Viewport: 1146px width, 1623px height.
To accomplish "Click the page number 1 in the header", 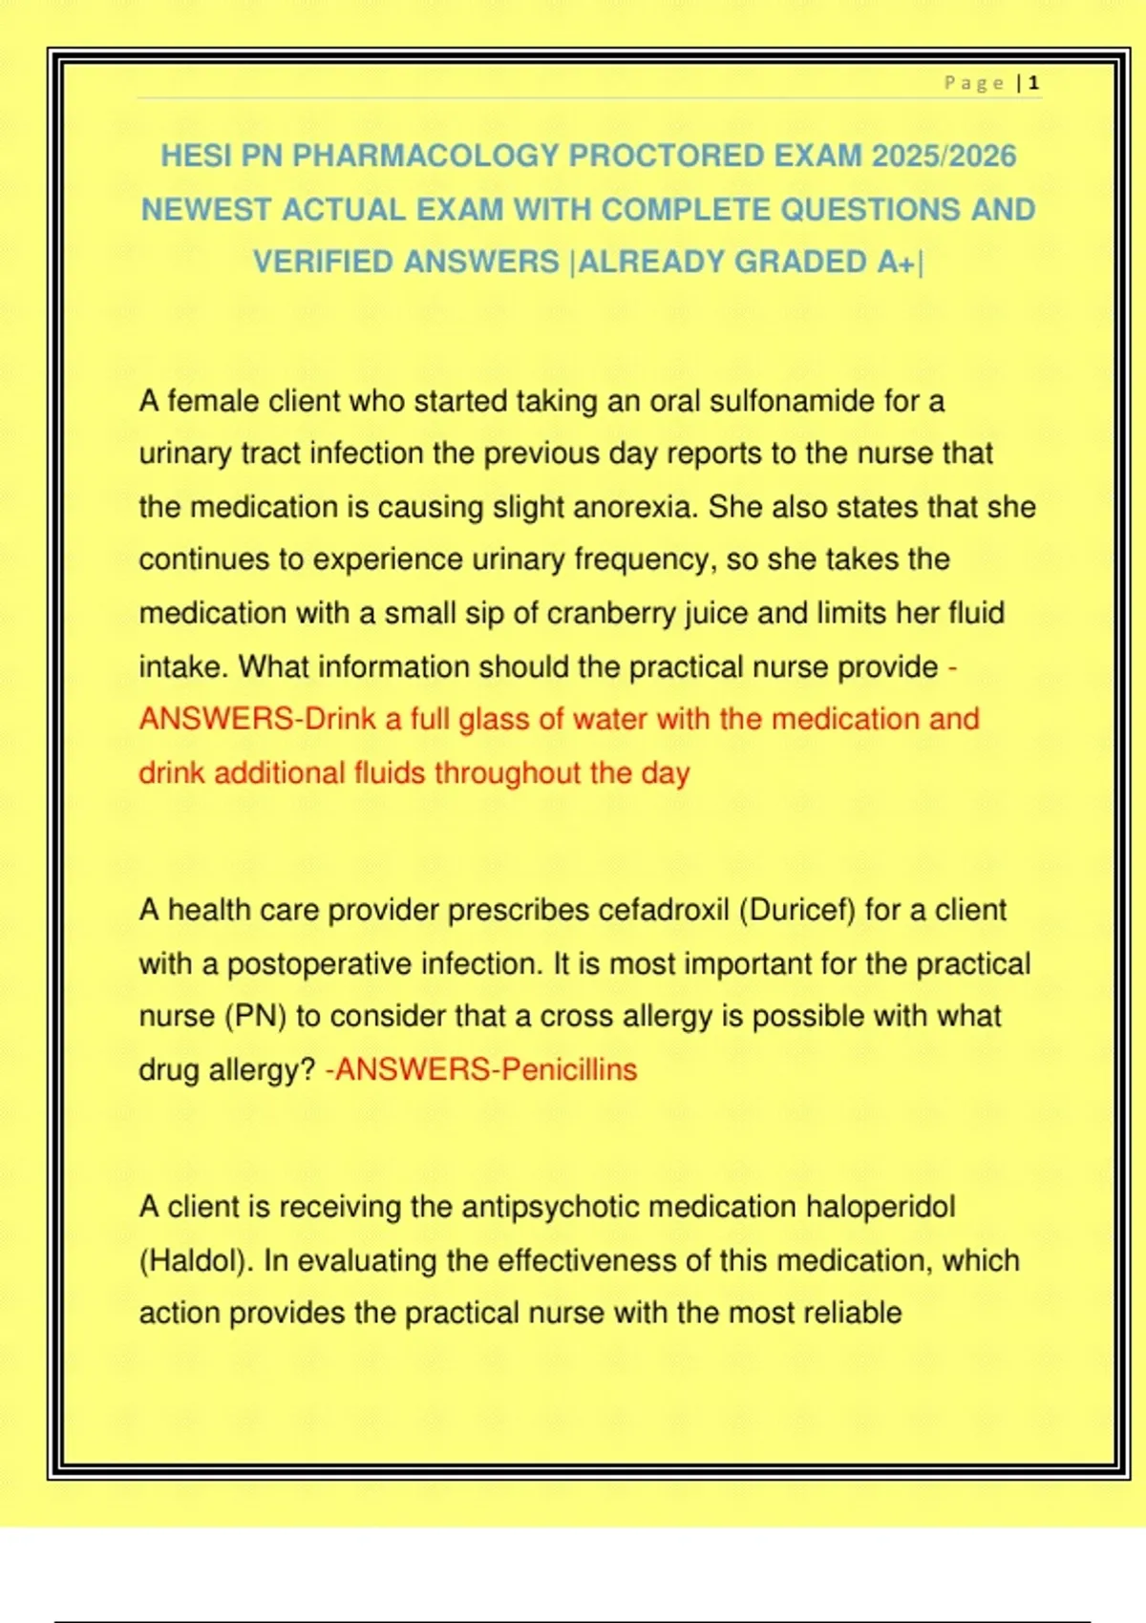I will (x=1034, y=84).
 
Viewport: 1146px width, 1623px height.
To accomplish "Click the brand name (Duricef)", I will (x=797, y=910).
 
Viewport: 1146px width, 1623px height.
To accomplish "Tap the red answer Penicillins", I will (x=568, y=1069).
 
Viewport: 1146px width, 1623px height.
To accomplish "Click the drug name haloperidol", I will (x=880, y=1208).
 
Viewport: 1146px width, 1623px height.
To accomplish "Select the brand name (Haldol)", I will (x=197, y=1261).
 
